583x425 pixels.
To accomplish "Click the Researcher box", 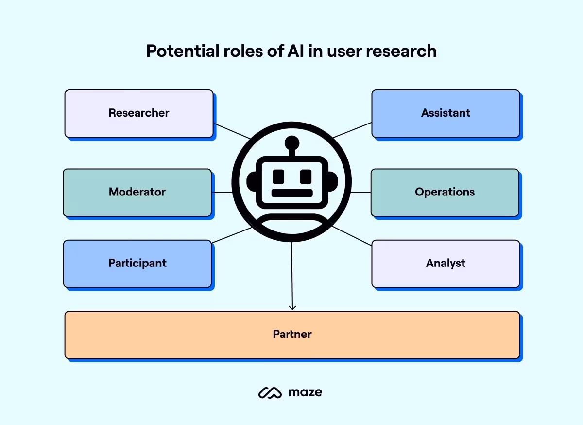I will point(139,113).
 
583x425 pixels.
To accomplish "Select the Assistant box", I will point(446,113).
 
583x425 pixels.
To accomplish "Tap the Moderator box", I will point(137,192).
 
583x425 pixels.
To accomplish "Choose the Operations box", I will point(445,192).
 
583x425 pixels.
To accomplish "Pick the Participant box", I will point(137,263).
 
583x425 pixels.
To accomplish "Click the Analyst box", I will point(446,263).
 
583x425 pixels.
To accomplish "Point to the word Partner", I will point(292,335).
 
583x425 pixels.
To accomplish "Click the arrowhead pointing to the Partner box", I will point(292,307).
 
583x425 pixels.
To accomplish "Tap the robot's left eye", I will point(278,176).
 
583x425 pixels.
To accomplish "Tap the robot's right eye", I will point(306,176).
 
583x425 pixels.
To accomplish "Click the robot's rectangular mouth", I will point(292,193).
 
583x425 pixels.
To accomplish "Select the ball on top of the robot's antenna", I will point(292,142).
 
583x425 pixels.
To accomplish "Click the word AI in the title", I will point(287,51).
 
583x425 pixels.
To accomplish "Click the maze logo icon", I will point(270,392).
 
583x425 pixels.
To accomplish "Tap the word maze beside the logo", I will point(305,392).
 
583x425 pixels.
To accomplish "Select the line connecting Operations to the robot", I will point(360,192).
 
